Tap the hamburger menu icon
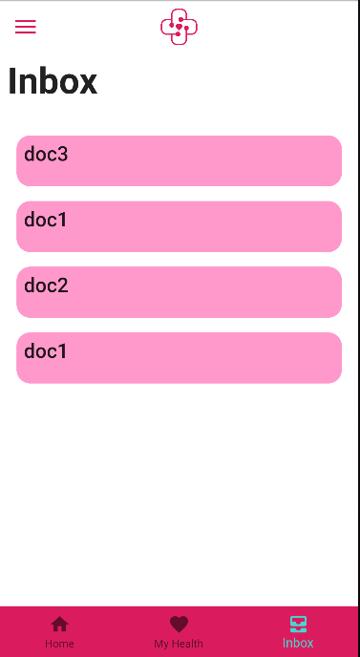[x=26, y=27]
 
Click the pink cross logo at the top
[x=179, y=27]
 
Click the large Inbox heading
[x=53, y=82]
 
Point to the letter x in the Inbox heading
[x=87, y=83]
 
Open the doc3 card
[x=179, y=160]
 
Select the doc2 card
[x=179, y=292]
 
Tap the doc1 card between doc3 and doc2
[x=179, y=226]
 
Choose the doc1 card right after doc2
[x=179, y=358]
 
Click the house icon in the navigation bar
[x=59, y=625]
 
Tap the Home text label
[x=59, y=644]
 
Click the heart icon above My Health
[x=179, y=625]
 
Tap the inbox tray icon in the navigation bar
[x=298, y=625]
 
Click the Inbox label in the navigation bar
[x=298, y=644]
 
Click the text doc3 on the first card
[x=46, y=154]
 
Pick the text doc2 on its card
[x=46, y=286]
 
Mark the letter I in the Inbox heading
[x=12, y=82]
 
